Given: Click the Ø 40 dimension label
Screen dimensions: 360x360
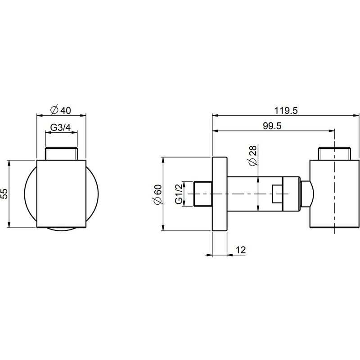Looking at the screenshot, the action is pos(61,110).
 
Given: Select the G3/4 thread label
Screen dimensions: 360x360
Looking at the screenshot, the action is pos(61,127).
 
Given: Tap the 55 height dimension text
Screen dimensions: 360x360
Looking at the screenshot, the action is pos(4,194).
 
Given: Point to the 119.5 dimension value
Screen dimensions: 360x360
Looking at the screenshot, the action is pos(286,111).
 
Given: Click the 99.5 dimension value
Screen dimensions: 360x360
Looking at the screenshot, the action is pos(272,126).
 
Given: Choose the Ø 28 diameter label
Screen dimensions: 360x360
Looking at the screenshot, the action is pos(252,155).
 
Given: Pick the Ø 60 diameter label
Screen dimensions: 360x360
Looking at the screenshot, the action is pos(158,194).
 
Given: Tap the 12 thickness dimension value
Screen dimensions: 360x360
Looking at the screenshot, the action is pos(241,250).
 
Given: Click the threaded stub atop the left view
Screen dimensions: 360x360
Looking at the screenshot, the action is pos(61,153).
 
